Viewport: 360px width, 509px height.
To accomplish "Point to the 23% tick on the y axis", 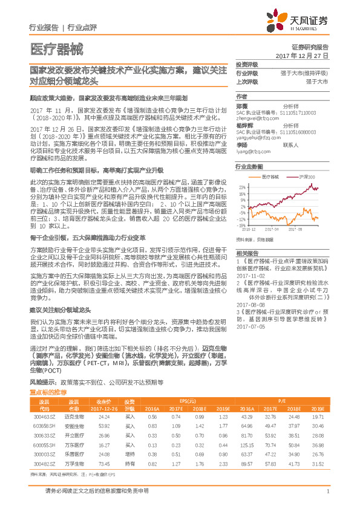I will pyautogui.click(x=241, y=187).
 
